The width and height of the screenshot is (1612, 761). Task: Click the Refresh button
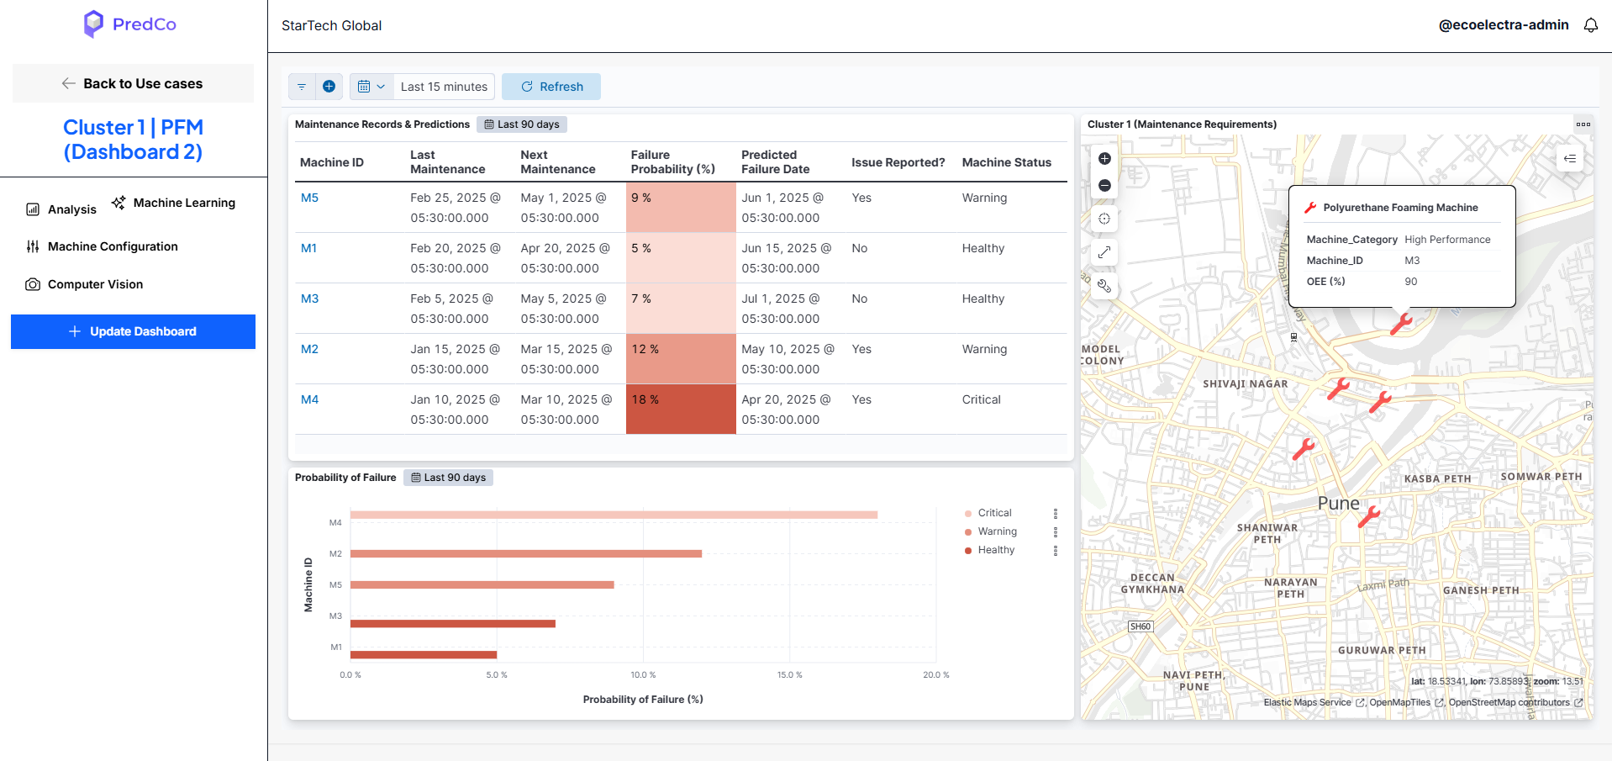pos(551,87)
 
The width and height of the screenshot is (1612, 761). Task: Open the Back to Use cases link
pos(133,83)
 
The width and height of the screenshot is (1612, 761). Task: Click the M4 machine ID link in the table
pos(310,399)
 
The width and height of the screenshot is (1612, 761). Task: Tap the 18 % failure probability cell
pos(681,410)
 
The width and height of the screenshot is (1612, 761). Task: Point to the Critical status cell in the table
pos(982,399)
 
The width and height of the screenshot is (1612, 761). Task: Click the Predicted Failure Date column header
pos(775,162)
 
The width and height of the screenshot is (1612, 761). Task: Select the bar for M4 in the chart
pos(614,515)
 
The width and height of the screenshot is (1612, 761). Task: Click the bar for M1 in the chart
pos(424,654)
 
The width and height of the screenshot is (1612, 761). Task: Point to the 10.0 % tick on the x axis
pos(643,674)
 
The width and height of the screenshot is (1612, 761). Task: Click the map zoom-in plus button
pos(1104,159)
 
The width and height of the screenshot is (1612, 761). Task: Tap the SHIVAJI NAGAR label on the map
pos(1245,384)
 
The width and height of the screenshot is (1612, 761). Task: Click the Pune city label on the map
pos(1338,503)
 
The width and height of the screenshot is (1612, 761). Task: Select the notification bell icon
pos(1591,25)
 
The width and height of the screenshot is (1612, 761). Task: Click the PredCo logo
pos(130,24)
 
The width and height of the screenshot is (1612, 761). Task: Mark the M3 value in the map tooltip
pos(1412,261)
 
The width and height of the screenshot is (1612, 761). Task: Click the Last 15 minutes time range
pos(444,87)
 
